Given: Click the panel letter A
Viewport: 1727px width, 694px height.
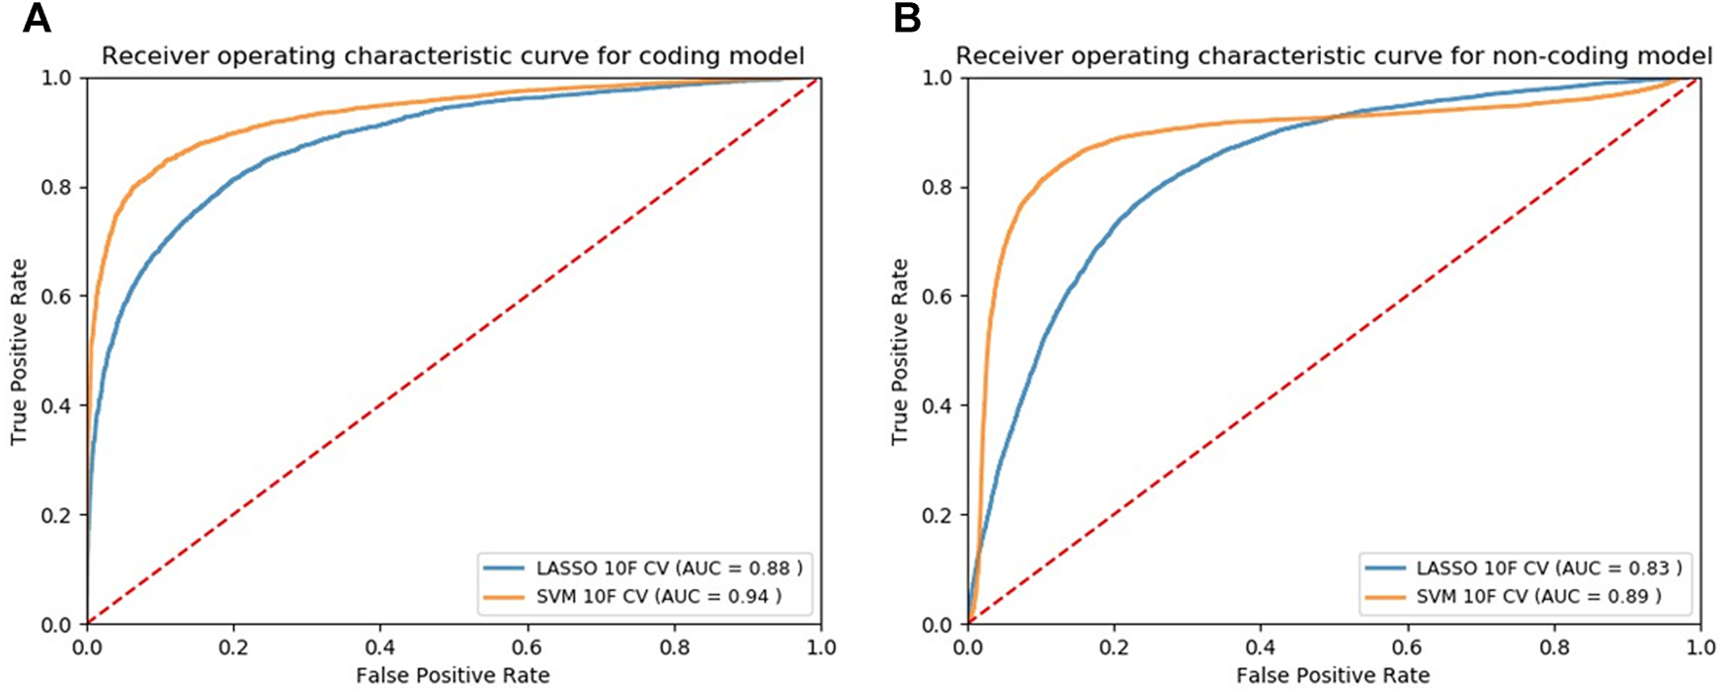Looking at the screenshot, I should [37, 19].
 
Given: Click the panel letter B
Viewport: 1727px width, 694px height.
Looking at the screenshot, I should [907, 19].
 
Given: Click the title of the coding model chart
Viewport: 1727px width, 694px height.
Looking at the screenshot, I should [452, 56].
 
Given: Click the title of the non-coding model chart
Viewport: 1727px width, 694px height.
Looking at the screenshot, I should [1333, 56].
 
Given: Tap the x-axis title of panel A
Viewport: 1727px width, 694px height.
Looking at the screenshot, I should [452, 675].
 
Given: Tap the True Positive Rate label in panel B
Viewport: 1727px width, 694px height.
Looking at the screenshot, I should [899, 351].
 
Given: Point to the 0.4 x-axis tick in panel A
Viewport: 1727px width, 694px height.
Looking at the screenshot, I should [379, 648].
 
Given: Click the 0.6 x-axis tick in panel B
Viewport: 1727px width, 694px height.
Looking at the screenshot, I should [1407, 648].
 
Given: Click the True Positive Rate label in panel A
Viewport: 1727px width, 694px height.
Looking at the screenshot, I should [19, 351].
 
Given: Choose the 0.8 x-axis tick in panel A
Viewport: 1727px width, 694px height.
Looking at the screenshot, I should [673, 648].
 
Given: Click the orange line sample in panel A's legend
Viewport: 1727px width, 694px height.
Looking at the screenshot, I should [504, 596].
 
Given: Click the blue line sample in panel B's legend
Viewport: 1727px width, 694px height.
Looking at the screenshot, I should [1384, 568].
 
